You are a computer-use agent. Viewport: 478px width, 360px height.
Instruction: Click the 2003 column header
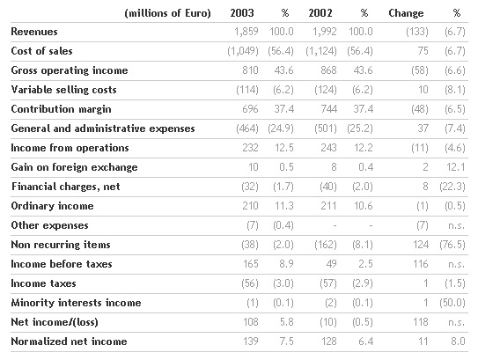(242, 13)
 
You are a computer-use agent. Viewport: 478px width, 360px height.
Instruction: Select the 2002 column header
(320, 13)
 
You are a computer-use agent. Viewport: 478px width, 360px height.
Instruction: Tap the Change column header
(406, 13)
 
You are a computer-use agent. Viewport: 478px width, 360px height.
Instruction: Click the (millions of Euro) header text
(167, 13)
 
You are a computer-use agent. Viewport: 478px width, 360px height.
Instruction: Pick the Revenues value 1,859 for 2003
(246, 32)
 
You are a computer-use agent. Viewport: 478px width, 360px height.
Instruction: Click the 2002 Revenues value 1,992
(325, 32)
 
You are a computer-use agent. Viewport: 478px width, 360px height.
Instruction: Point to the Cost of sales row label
(41, 51)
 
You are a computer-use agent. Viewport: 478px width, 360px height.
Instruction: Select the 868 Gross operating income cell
(328, 70)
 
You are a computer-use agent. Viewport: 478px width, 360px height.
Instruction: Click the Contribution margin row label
(61, 109)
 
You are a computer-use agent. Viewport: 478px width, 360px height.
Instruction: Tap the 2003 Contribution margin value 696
(250, 109)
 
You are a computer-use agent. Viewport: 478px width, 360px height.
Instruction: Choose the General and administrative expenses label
(103, 129)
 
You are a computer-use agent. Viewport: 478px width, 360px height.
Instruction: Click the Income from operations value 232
(250, 148)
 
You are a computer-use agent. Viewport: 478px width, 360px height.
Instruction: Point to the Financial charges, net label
(65, 187)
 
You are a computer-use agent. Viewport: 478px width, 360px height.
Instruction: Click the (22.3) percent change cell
(452, 187)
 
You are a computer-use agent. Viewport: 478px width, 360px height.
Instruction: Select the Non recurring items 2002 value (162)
(326, 245)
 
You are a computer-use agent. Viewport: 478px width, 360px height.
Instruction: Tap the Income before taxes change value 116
(421, 264)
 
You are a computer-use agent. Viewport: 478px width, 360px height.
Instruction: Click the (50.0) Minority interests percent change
(452, 303)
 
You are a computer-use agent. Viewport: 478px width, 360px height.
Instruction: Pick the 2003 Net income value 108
(251, 322)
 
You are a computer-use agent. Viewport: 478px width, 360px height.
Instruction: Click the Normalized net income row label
(69, 342)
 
